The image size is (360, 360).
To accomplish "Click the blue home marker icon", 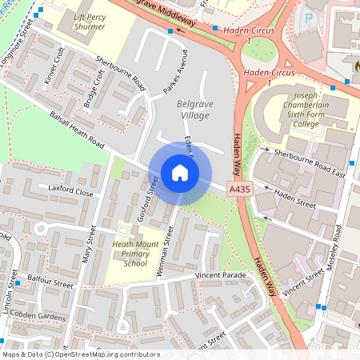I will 180,173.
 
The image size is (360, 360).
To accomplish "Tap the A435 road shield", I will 238,189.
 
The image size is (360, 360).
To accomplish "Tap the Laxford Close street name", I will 70,192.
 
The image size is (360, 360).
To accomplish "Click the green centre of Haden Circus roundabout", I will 258,52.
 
